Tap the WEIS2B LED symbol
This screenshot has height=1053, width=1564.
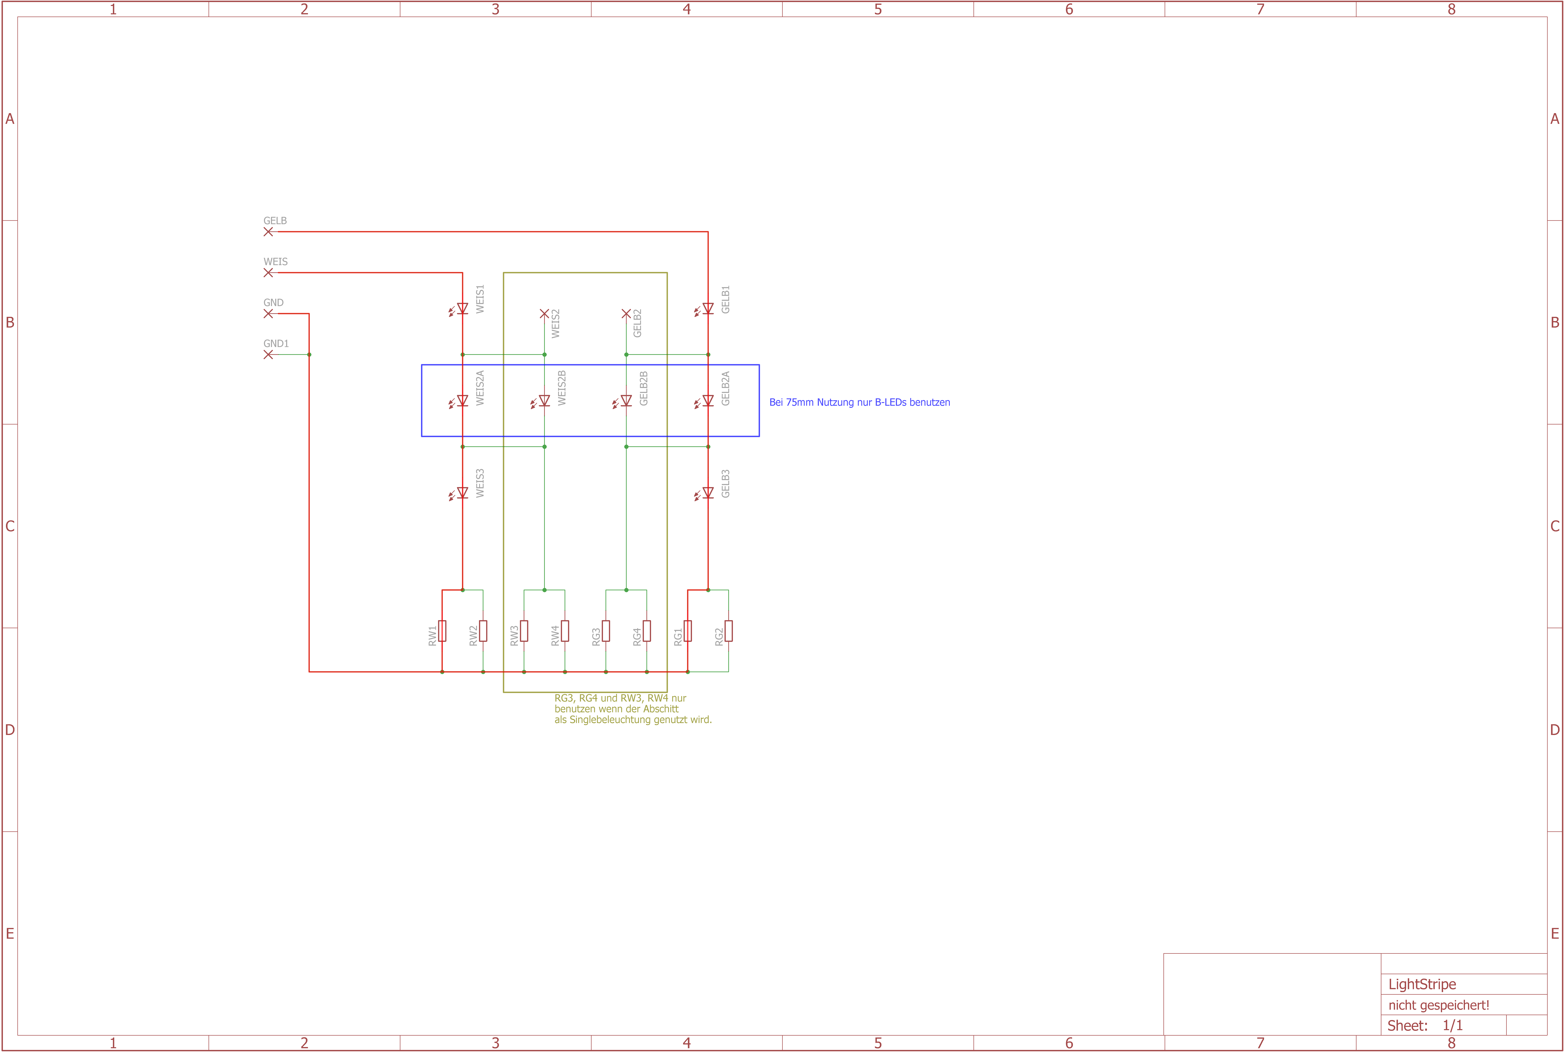(544, 401)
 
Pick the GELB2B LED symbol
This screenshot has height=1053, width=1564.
(626, 401)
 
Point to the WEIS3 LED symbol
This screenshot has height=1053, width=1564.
(462, 493)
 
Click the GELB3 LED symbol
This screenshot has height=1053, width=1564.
(707, 493)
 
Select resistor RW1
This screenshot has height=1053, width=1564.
(442, 631)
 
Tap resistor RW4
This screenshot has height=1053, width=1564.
(565, 631)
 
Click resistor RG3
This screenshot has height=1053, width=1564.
(606, 631)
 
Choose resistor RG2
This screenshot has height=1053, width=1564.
(728, 631)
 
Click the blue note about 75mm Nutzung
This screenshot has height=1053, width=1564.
(859, 402)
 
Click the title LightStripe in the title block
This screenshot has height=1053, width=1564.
(1422, 985)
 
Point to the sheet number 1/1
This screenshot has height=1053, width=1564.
(1453, 1026)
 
